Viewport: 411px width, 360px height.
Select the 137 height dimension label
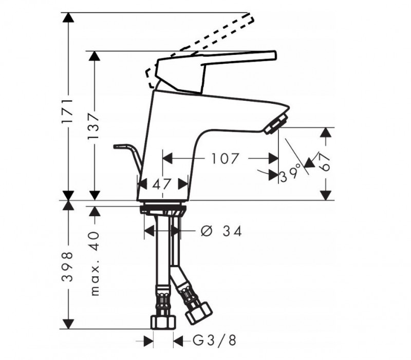pyautogui.click(x=94, y=125)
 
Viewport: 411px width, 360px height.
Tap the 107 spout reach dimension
pyautogui.click(x=225, y=159)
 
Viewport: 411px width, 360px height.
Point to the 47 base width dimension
pyautogui.click(x=162, y=184)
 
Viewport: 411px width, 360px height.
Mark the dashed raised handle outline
pyautogui.click(x=206, y=39)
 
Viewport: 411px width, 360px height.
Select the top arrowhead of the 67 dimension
pyautogui.click(x=324, y=132)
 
